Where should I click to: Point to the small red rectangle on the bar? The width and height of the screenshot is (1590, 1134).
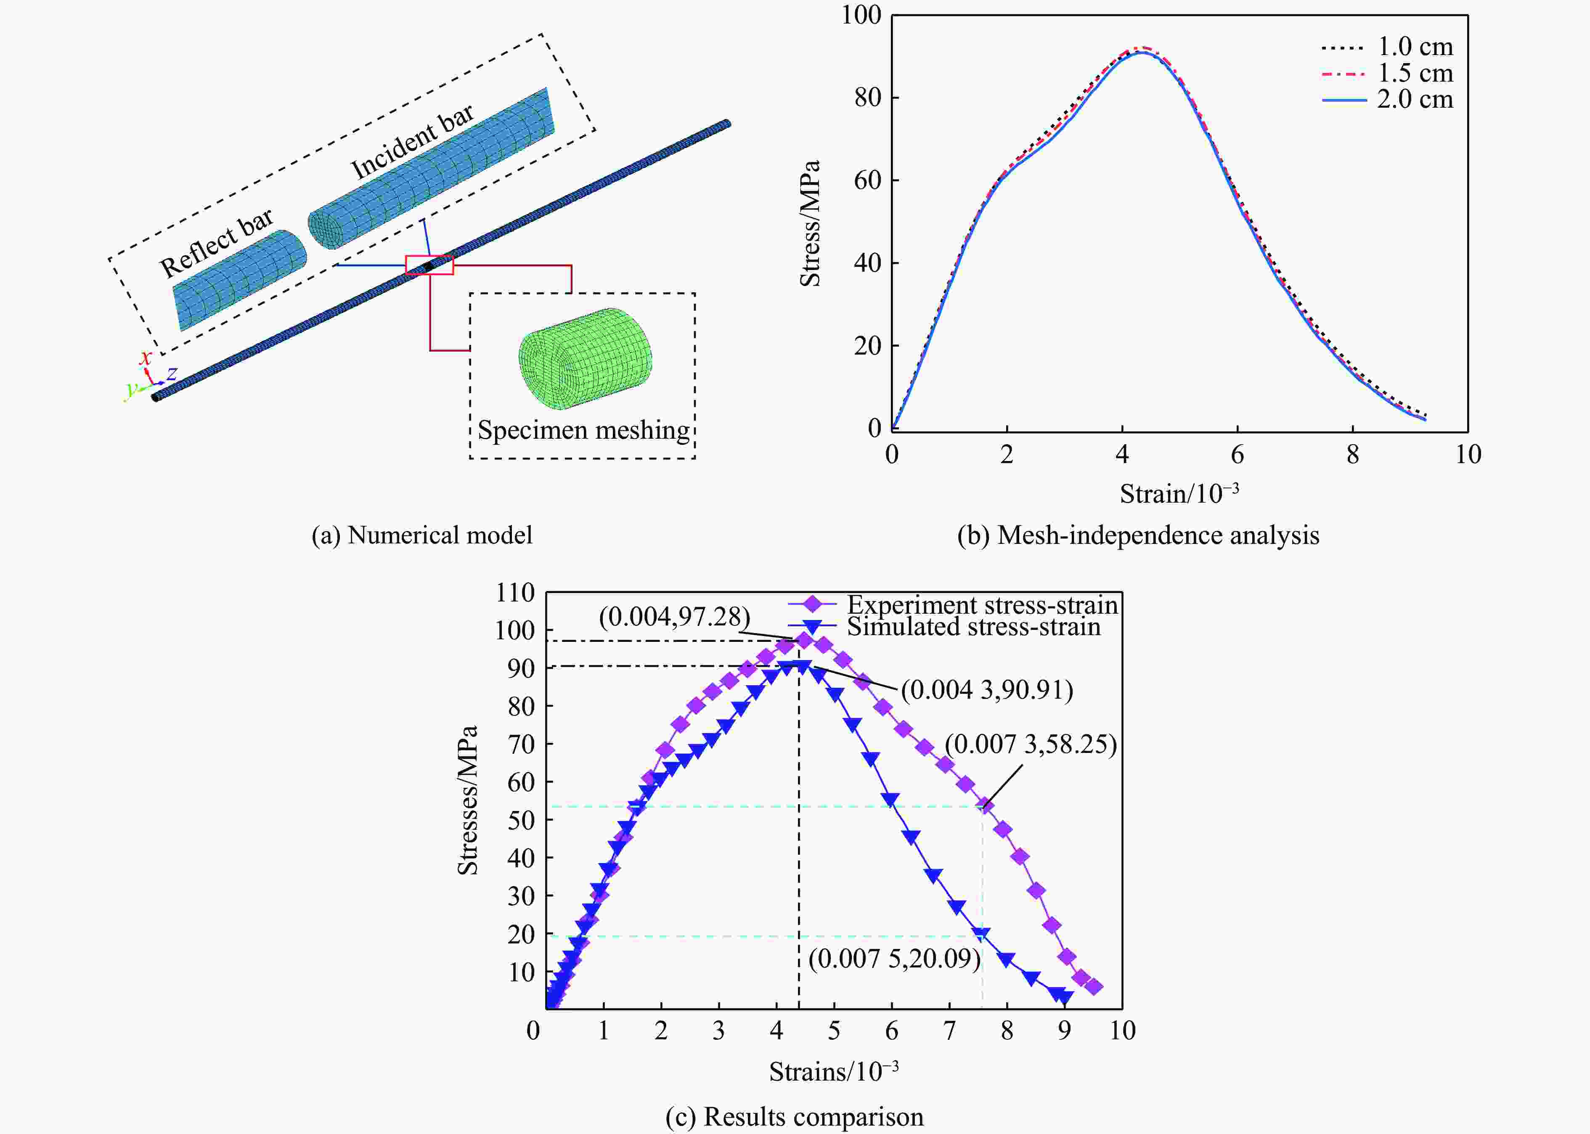point(429,265)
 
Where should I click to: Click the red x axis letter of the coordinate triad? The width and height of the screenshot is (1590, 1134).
point(145,358)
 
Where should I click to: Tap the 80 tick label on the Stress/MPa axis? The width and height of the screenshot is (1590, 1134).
point(867,97)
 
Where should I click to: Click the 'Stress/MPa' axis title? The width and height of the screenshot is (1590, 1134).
point(810,223)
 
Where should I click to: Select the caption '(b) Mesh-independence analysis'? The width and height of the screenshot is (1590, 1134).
point(1138,535)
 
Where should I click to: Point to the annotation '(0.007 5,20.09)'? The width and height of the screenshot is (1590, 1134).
point(894,958)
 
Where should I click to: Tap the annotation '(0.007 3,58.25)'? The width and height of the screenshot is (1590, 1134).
point(1031,745)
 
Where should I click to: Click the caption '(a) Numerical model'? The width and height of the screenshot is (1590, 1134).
point(422,535)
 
